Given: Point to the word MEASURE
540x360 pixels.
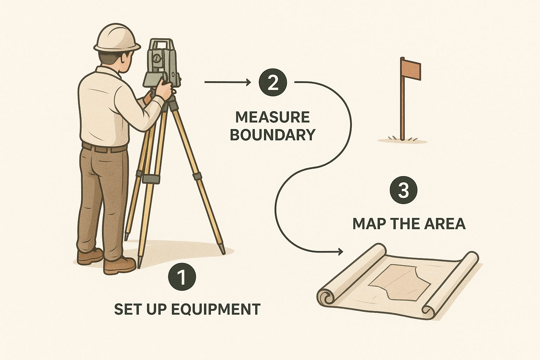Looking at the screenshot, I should (x=272, y=117).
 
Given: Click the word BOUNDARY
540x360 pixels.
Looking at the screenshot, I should (x=272, y=135).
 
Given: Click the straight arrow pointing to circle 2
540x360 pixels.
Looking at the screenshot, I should (x=227, y=82).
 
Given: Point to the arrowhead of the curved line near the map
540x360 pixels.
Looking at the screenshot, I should (x=340, y=251).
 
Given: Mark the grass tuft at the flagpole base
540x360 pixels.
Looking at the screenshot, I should (x=401, y=138).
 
